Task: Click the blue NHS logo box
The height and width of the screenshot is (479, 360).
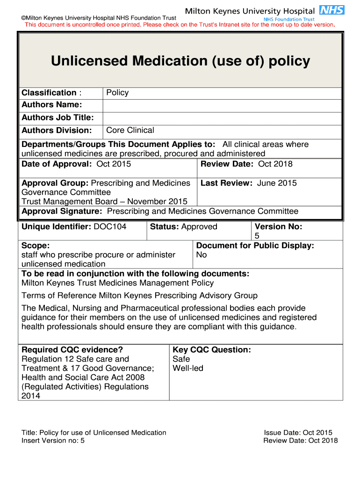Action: (x=332, y=10)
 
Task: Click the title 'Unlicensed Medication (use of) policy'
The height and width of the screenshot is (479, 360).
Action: (x=180, y=61)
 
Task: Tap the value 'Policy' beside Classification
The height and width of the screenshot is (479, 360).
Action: (x=117, y=93)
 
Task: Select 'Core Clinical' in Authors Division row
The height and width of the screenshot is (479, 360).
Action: (x=130, y=130)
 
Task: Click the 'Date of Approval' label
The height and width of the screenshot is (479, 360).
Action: (x=56, y=164)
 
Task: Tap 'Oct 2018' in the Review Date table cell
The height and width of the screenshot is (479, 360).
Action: (x=275, y=164)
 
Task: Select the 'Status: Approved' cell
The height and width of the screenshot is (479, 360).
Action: (x=184, y=227)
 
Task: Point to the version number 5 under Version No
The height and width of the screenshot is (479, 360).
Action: (x=257, y=236)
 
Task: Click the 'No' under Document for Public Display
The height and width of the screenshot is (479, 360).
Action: (x=202, y=255)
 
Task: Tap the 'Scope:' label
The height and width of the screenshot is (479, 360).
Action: (x=36, y=246)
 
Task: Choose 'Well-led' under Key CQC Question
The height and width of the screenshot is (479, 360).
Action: (x=188, y=368)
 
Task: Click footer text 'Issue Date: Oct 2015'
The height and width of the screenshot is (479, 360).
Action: (x=298, y=433)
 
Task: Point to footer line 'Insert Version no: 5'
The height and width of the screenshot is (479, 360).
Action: (x=53, y=441)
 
